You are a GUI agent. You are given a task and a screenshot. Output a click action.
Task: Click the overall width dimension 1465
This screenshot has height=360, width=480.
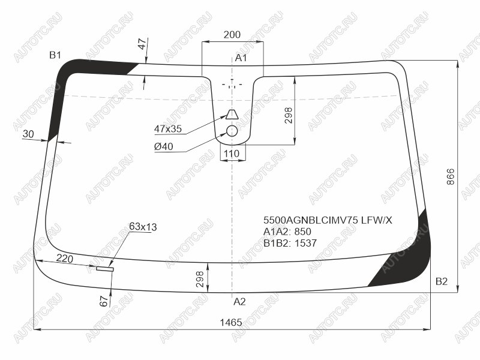(x=231, y=322)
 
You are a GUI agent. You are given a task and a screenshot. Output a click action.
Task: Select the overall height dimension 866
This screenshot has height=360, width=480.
(x=451, y=176)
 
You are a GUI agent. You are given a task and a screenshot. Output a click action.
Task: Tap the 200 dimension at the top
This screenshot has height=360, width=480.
(x=232, y=35)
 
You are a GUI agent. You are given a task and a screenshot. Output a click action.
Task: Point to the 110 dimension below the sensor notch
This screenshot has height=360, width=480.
(x=232, y=154)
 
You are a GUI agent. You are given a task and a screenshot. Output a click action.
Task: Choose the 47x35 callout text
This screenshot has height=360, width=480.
(x=168, y=129)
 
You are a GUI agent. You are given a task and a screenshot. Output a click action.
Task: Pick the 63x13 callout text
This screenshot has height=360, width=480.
(x=143, y=227)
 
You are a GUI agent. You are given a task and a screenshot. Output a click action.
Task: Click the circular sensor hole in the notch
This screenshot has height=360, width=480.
(x=232, y=131)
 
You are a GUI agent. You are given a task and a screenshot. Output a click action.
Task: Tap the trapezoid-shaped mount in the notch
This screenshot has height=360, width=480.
(x=232, y=114)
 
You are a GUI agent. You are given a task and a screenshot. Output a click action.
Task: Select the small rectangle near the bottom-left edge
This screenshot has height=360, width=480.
(x=105, y=269)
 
